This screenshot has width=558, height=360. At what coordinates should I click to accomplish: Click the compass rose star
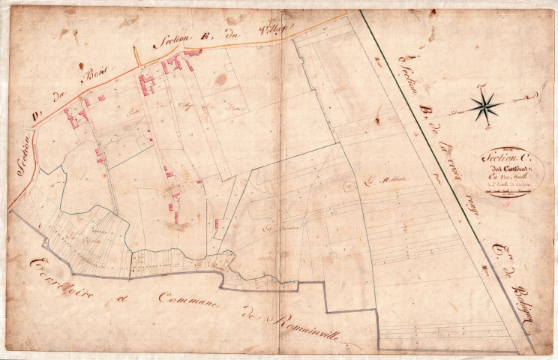click(x=485, y=106)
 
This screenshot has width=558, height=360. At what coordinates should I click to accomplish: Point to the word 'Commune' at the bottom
click(x=192, y=300)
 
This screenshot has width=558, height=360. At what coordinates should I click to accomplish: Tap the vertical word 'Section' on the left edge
click(x=24, y=155)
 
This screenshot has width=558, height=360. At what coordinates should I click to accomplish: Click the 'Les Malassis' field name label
click(x=381, y=180)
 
